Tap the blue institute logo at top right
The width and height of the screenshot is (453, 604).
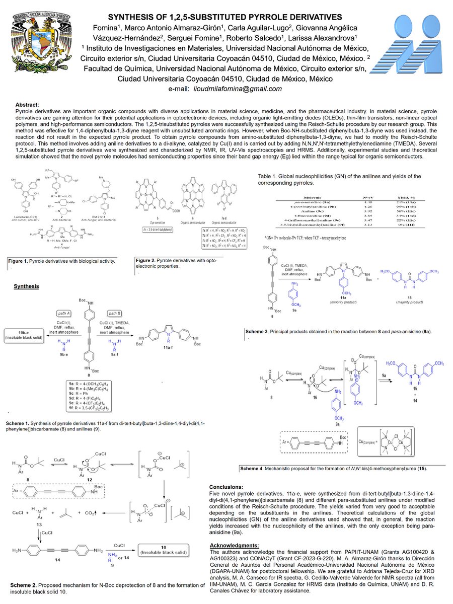413,55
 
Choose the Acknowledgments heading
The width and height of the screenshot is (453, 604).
234,545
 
